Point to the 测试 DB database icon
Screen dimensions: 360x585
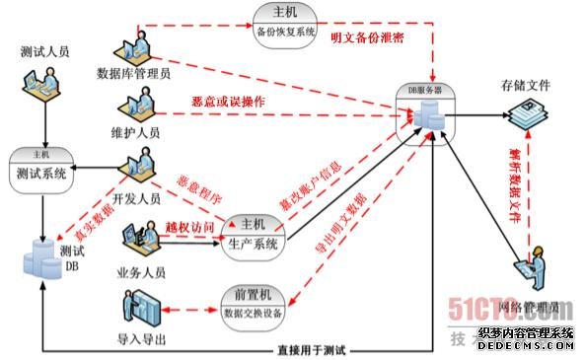(44, 258)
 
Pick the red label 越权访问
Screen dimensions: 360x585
(189, 228)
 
